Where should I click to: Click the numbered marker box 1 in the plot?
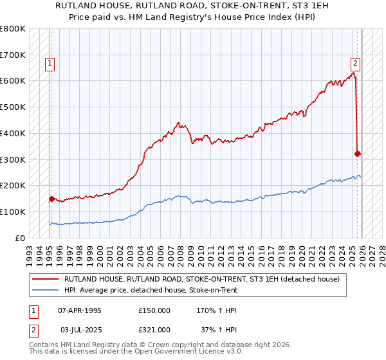coord(50,63)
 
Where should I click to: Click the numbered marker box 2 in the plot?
coord(354,63)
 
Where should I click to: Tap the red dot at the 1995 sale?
coord(51,199)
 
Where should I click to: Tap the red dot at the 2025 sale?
coord(358,154)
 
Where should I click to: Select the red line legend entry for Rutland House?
coord(205,280)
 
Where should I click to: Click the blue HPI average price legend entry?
coord(151,290)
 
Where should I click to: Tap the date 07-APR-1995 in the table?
coord(80,310)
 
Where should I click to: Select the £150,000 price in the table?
coord(154,310)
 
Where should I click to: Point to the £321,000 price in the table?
coord(154,329)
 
